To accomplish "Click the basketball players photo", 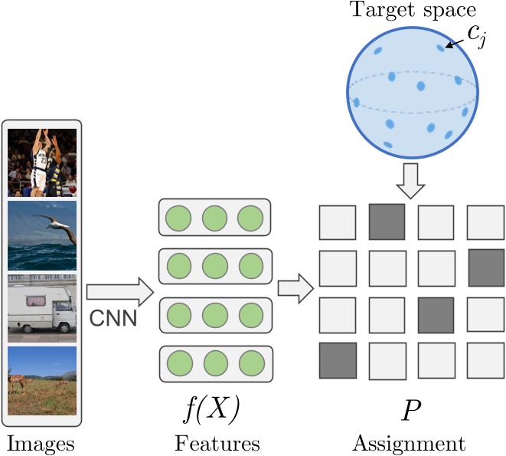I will click(x=42, y=162).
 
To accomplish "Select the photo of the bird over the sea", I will click(x=42, y=235).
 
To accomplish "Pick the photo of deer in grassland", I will click(x=42, y=381).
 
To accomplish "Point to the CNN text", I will click(x=114, y=317).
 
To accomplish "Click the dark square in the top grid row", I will click(x=387, y=222).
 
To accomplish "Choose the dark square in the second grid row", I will click(x=486, y=267).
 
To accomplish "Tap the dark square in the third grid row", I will click(x=436, y=314).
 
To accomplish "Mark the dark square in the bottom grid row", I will click(x=338, y=361).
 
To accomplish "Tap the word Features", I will click(x=217, y=443).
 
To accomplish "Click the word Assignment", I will click(x=408, y=443).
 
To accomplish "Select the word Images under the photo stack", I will click(x=43, y=443).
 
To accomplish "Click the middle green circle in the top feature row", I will click(x=214, y=218).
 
